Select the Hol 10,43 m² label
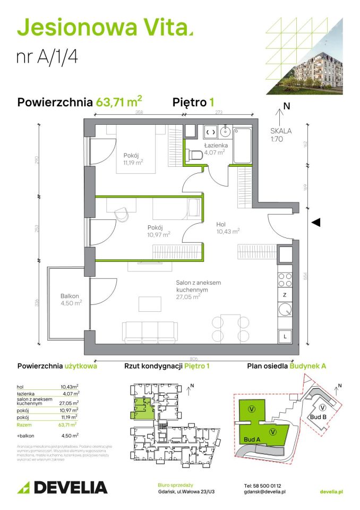point(228,227)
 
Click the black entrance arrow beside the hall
point(315,223)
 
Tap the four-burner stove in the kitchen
point(285,279)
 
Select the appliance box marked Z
point(285,295)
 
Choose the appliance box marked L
point(285,336)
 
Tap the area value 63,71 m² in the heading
point(118,101)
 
